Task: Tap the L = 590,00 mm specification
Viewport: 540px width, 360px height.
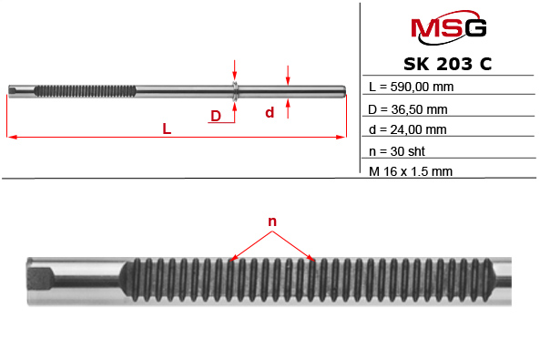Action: tap(412, 88)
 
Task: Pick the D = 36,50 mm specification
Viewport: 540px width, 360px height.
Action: tap(408, 109)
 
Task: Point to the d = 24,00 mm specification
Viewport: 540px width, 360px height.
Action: tap(408, 130)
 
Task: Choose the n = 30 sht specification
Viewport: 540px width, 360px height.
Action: tap(398, 151)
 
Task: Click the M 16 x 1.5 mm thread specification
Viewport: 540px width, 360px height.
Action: tap(411, 170)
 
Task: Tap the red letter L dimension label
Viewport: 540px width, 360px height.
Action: tap(167, 129)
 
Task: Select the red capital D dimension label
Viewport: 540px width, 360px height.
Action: tap(216, 116)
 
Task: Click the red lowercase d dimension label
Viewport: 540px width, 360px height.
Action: tap(270, 113)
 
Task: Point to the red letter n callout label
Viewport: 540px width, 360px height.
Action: tap(271, 221)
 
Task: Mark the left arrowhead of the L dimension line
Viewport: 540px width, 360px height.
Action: tap(11, 138)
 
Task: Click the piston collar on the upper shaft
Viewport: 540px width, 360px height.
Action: tap(235, 89)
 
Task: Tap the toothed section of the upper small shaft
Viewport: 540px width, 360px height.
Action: tap(87, 89)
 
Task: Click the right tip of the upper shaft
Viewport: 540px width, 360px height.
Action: tap(346, 89)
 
